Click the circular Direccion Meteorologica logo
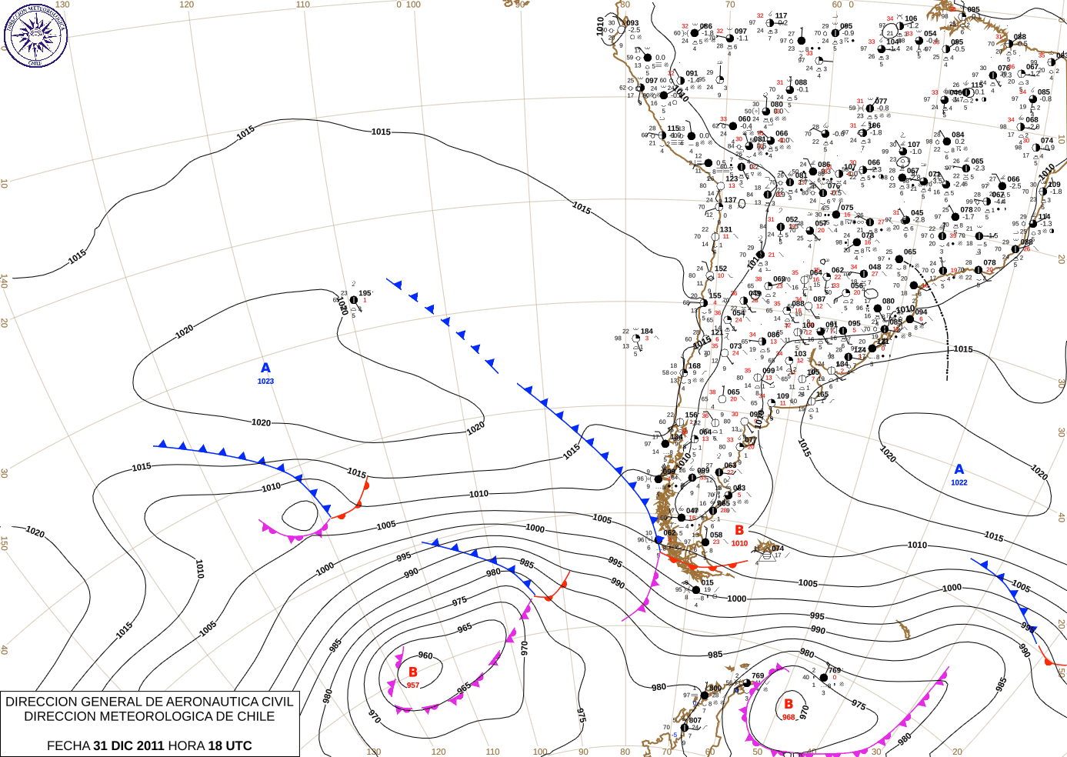[35, 35]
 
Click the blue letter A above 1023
[265, 368]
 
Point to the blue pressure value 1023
[265, 382]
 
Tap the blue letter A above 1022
[959, 469]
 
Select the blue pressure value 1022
[959, 483]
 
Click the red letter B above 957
[413, 672]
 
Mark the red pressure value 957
[413, 685]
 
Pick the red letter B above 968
[789, 704]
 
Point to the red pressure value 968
[789, 717]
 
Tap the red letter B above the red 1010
[739, 530]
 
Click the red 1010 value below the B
[739, 544]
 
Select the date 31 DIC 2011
[128, 745]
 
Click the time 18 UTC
[228, 745]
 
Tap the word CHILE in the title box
[255, 716]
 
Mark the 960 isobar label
[425, 656]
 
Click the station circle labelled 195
[353, 300]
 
